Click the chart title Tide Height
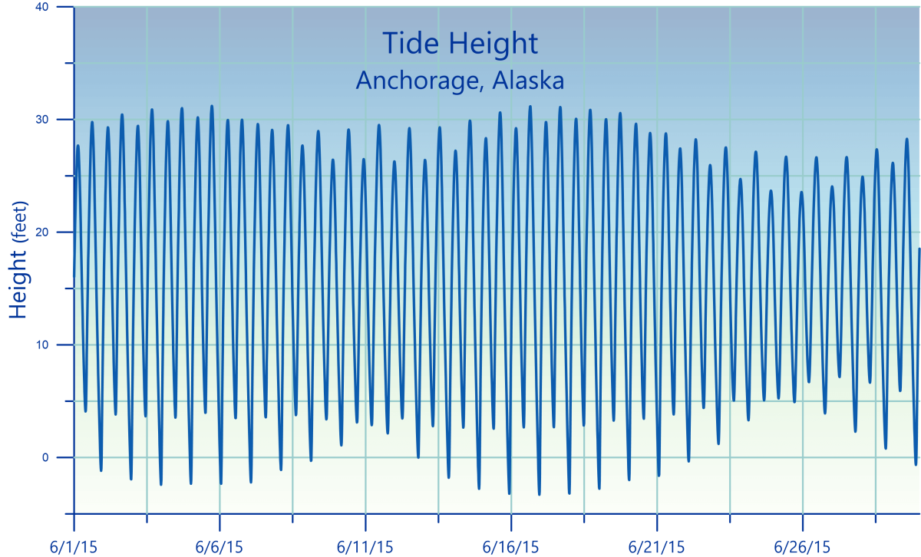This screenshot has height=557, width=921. click(460, 44)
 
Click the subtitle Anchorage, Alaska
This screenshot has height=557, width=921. click(460, 80)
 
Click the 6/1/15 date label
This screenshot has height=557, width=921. click(74, 547)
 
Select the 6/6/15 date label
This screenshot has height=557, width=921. click(220, 547)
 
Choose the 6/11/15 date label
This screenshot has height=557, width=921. click(365, 547)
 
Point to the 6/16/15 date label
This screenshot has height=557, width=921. click(511, 547)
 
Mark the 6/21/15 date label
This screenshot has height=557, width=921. click(657, 547)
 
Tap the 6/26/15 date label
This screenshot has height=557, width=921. click(803, 547)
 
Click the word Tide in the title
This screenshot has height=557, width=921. click(408, 44)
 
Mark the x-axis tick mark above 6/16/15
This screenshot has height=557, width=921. click(511, 522)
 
